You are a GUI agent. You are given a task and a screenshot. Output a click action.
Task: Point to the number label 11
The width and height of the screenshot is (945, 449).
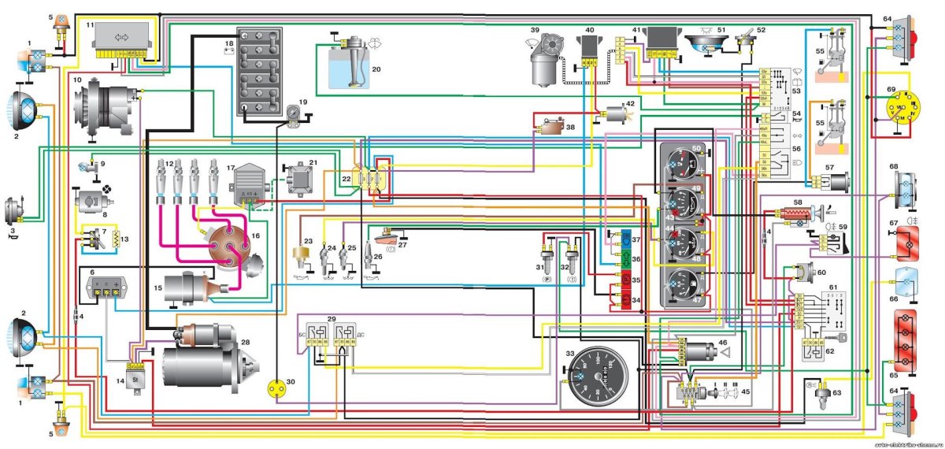[x=90, y=26]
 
